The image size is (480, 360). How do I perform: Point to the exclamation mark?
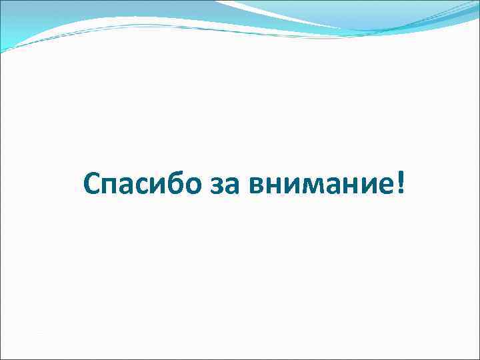point(399,182)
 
